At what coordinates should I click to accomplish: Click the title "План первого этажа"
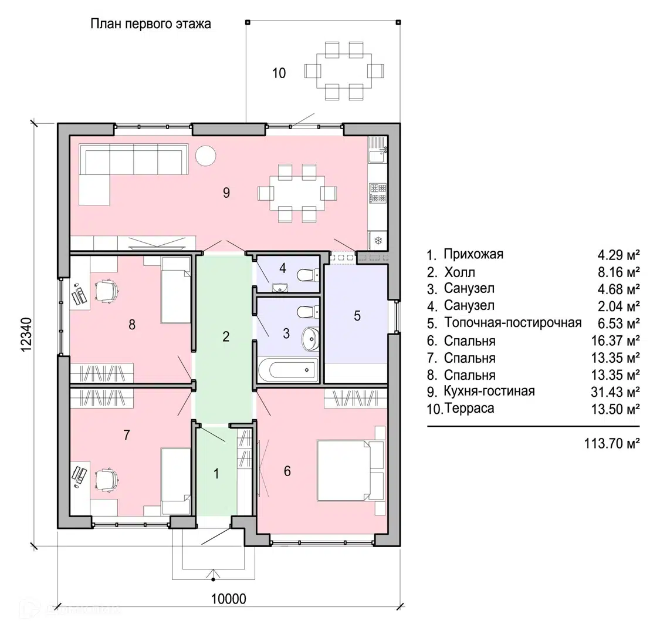[x=151, y=24]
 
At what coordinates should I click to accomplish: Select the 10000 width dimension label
[x=228, y=599]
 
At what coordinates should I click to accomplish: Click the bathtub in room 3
[x=287, y=369]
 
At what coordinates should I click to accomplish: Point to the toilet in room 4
[x=306, y=275]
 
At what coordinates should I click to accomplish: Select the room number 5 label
[x=357, y=316]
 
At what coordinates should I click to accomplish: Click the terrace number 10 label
[x=279, y=73]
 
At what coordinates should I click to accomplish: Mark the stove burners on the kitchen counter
[x=378, y=193]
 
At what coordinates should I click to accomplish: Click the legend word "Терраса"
[x=469, y=409]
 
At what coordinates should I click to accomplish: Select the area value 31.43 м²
[x=615, y=392]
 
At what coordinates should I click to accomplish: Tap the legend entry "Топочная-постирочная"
[x=513, y=322]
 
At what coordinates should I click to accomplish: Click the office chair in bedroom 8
[x=107, y=290]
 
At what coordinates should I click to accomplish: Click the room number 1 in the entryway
[x=216, y=473]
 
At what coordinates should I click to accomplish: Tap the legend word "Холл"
[x=459, y=272]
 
